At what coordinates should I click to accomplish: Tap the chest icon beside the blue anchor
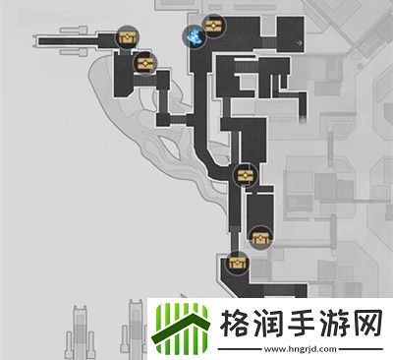click(212, 25)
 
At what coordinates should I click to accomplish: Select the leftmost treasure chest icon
click(126, 38)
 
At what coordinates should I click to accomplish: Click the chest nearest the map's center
click(245, 176)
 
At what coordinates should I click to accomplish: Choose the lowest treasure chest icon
click(236, 263)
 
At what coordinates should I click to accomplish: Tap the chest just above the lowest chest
click(260, 236)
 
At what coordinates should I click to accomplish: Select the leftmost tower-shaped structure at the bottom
click(79, 330)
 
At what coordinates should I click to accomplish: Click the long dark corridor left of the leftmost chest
click(74, 41)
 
